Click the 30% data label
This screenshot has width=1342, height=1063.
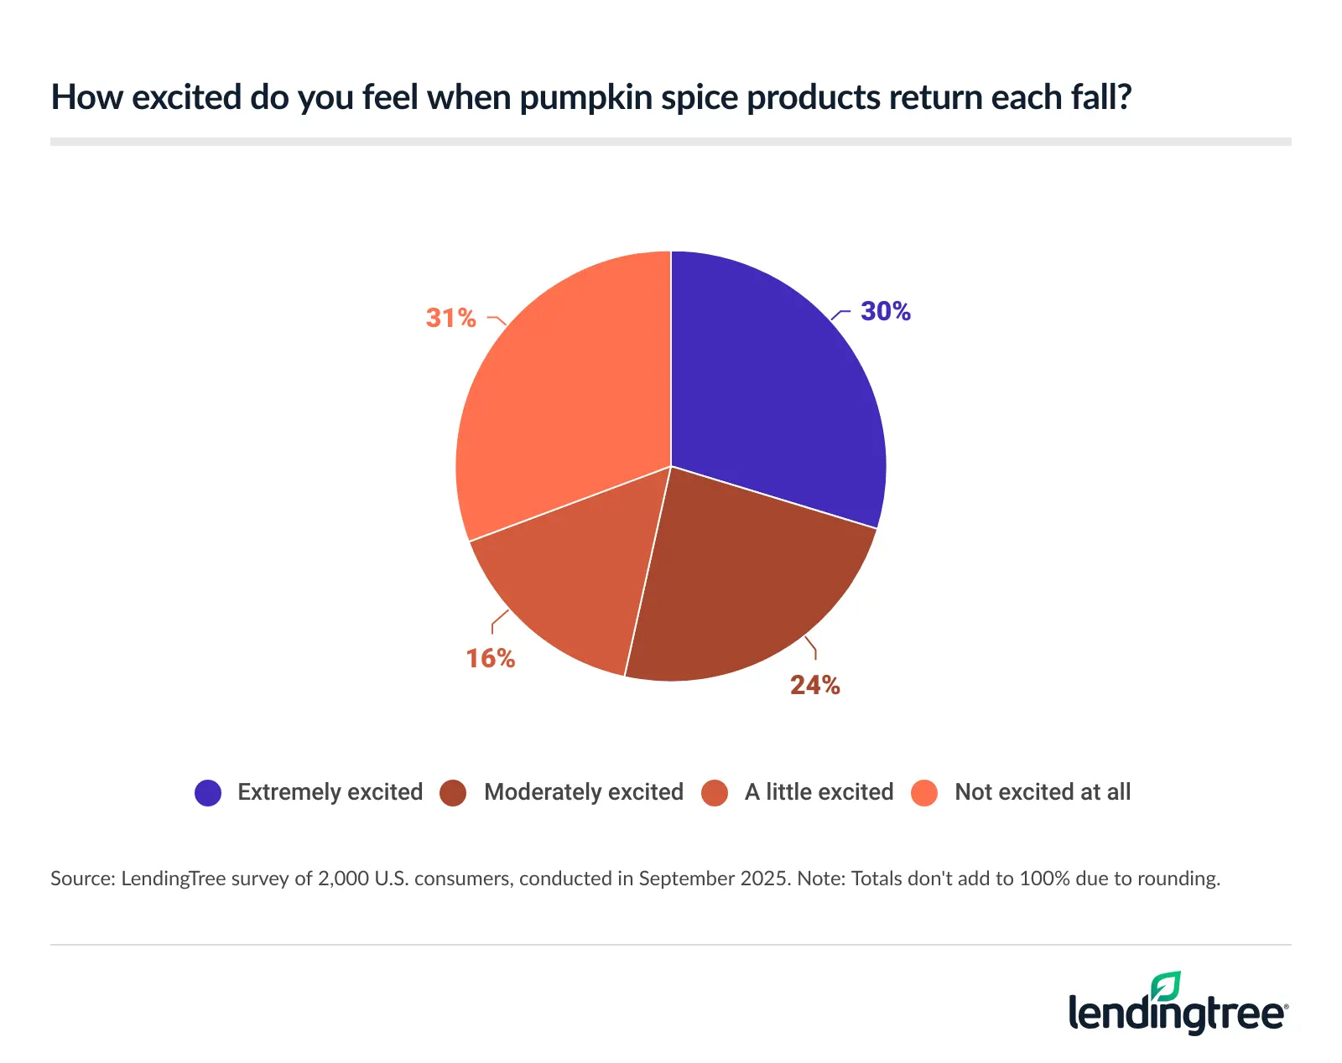pos(885,311)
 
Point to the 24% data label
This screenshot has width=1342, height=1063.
pos(814,685)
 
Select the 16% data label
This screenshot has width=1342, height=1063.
pos(490,658)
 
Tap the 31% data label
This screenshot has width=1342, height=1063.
pos(450,318)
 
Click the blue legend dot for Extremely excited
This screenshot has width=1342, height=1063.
pos(208,792)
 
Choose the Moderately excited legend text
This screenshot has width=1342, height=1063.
pos(583,792)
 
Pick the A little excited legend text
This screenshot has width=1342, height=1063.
pos(819,792)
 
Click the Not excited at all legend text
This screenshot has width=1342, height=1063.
pos(1042,792)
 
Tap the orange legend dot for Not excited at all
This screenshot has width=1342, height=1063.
pos(924,792)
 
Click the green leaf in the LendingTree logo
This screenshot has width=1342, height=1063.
pos(1166,987)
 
